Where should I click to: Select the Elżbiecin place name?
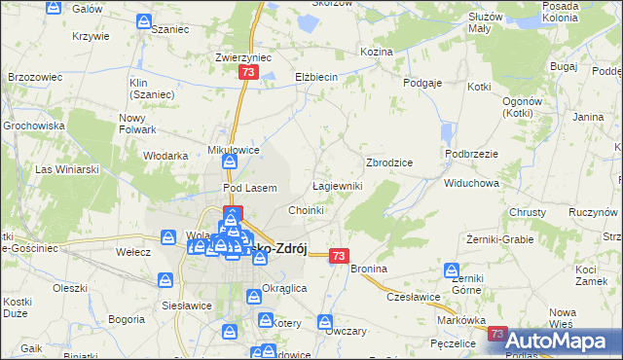pos(315,77)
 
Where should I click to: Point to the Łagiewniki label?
pos(337,186)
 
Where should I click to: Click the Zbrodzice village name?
pos(389,162)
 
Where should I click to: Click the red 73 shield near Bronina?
pos(338,255)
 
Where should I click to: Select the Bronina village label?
pos(369,268)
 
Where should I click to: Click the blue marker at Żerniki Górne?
pos(452,270)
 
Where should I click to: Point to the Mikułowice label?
pos(234,150)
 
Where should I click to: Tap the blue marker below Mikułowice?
pos(230,162)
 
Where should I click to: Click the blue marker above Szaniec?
pos(144,20)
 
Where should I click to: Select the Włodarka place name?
pos(165,156)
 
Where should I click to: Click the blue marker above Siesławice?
pos(166,280)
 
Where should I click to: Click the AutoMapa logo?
pos(553,340)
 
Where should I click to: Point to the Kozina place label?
pos(376,51)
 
